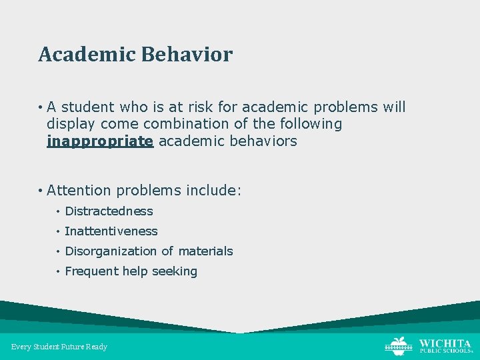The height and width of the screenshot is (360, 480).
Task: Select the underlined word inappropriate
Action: point(100,141)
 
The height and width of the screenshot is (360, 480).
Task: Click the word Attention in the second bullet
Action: point(79,191)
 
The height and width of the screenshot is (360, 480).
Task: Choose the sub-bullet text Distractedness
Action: point(109,211)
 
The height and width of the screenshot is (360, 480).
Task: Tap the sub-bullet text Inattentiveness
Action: point(111,231)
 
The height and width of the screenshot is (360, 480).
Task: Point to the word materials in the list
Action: point(206,251)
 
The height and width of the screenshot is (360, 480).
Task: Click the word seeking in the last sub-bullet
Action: point(175,271)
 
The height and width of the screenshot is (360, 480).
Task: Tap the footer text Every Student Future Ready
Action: point(59,347)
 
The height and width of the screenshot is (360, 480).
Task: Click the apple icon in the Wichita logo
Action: point(398,345)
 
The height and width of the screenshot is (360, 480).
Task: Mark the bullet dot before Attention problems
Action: point(41,191)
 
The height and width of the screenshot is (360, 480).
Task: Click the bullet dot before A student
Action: point(41,107)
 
